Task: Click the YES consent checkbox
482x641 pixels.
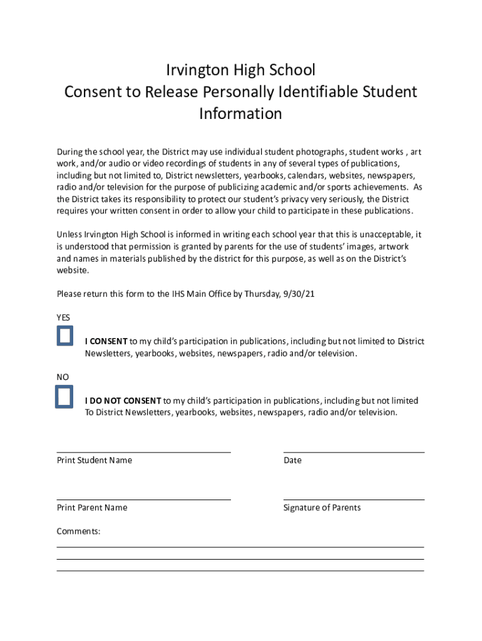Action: [64, 336]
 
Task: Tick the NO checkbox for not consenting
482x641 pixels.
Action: [64, 397]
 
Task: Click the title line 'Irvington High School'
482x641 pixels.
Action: [240, 69]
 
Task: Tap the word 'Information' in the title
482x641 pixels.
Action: [240, 114]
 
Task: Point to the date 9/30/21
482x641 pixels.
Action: [300, 294]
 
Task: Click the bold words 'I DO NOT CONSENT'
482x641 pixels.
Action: [123, 401]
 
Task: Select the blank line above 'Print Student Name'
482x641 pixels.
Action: [143, 451]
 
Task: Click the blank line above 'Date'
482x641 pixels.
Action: [354, 451]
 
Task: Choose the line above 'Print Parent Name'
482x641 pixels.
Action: [143, 499]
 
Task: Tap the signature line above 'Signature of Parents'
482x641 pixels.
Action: [354, 499]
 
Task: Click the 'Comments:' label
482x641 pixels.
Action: [79, 531]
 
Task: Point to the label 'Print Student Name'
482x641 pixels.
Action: [95, 461]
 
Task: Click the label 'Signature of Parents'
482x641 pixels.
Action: [322, 508]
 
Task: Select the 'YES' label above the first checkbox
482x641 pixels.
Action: [63, 317]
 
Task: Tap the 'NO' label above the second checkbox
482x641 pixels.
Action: [63, 377]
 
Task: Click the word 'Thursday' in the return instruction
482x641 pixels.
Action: [262, 294]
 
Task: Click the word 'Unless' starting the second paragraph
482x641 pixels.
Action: [69, 235]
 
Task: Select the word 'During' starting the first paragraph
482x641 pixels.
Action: [70, 152]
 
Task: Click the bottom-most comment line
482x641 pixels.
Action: [240, 570]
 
